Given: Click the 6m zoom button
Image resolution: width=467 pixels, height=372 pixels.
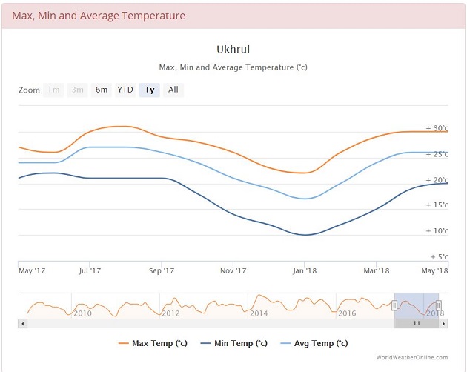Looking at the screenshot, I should [102, 90].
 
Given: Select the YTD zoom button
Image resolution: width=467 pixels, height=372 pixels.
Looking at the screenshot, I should [125, 90].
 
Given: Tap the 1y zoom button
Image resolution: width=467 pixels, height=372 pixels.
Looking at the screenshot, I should [150, 90].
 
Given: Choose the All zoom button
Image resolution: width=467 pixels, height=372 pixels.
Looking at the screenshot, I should [173, 90].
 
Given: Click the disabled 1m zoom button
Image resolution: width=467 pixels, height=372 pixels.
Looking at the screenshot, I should [53, 90].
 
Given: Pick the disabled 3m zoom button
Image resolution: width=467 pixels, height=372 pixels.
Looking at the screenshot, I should [77, 90].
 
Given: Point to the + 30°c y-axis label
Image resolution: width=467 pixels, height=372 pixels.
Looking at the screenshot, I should [437, 128].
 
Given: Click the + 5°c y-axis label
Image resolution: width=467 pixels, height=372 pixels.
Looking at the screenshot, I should [439, 256].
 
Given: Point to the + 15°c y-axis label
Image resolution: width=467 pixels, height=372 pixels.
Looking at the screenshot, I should [437, 205].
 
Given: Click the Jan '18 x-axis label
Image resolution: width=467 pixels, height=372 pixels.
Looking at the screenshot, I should [305, 271].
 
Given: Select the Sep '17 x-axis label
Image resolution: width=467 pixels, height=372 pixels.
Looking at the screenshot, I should [162, 271].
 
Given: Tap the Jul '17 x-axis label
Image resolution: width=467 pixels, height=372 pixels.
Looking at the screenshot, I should [89, 271].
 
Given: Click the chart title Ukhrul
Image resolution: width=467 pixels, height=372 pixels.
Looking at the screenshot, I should [233, 50].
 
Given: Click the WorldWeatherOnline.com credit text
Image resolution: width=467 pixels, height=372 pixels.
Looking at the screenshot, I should [412, 357].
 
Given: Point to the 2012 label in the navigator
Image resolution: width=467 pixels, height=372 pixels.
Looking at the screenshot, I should [170, 313].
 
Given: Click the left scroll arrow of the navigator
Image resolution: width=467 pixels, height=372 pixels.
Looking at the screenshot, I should [23, 323].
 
